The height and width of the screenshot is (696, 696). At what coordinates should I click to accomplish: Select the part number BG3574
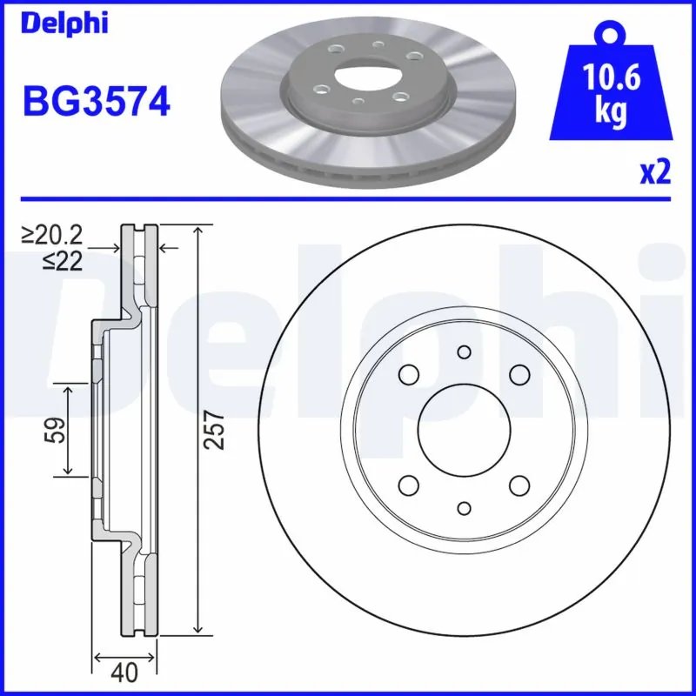tap(96, 104)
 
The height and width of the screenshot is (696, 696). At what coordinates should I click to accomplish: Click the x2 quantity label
tap(654, 173)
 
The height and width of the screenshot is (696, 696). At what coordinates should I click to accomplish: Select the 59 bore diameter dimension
tap(54, 430)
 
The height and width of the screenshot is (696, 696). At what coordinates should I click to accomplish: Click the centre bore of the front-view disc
tap(463, 430)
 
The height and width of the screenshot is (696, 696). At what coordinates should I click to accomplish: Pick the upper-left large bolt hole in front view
tap(407, 374)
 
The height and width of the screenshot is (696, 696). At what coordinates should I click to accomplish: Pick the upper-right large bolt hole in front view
tap(519, 374)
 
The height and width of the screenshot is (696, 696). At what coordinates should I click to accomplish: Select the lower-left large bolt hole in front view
tap(407, 485)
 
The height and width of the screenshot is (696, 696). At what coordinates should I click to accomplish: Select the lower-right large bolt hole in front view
tap(519, 485)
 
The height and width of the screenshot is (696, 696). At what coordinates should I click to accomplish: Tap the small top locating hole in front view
tap(463, 351)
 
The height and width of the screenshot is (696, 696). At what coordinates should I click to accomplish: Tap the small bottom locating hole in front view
tap(463, 508)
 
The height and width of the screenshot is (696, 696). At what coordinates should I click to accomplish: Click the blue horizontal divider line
tap(348, 198)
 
